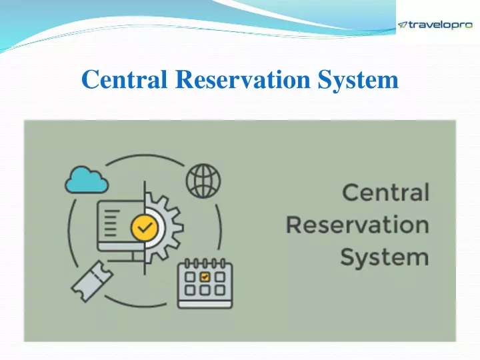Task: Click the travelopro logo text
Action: [x=441, y=25]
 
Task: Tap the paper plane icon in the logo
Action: [x=403, y=25]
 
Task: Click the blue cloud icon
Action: [x=86, y=178]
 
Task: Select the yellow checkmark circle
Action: [x=144, y=228]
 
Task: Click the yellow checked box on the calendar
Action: [x=205, y=276]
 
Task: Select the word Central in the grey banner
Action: [x=385, y=193]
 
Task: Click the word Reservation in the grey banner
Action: [x=357, y=225]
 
